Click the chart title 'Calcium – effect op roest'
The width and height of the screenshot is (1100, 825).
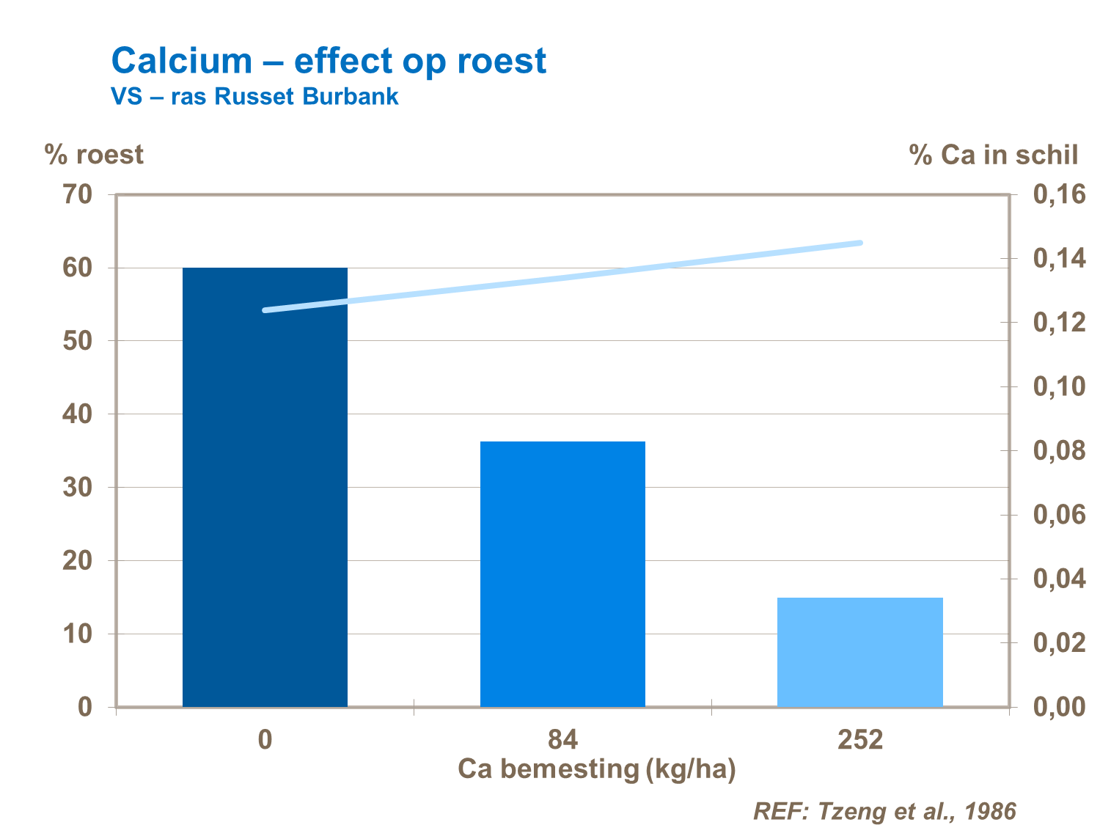tap(329, 61)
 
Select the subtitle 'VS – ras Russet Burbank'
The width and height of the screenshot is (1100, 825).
tap(254, 97)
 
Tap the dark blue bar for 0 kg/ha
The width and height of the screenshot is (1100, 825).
tap(265, 487)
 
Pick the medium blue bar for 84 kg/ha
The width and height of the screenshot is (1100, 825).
tap(562, 573)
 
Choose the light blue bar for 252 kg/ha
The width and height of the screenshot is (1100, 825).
tap(859, 652)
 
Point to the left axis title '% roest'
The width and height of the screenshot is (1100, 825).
tap(94, 155)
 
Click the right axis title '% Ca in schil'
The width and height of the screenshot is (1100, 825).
tap(994, 155)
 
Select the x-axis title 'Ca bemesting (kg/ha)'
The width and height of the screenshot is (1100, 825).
tap(596, 769)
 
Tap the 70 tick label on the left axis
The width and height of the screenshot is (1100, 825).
tap(77, 195)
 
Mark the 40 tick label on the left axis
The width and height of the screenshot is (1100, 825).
tap(77, 414)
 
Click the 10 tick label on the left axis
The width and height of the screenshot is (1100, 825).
tap(77, 634)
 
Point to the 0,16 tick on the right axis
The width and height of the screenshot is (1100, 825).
tap(1059, 195)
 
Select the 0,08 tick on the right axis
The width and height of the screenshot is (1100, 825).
tap(1059, 451)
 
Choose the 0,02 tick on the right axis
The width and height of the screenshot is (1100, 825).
tap(1059, 643)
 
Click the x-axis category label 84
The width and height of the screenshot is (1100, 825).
tap(562, 739)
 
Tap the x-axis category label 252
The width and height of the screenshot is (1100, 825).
tap(860, 739)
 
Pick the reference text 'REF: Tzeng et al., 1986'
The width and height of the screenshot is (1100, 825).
tap(885, 811)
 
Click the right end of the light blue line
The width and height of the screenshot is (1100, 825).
tap(860, 243)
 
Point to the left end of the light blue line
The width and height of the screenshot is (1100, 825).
tap(265, 310)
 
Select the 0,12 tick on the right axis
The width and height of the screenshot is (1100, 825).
tap(1059, 323)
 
